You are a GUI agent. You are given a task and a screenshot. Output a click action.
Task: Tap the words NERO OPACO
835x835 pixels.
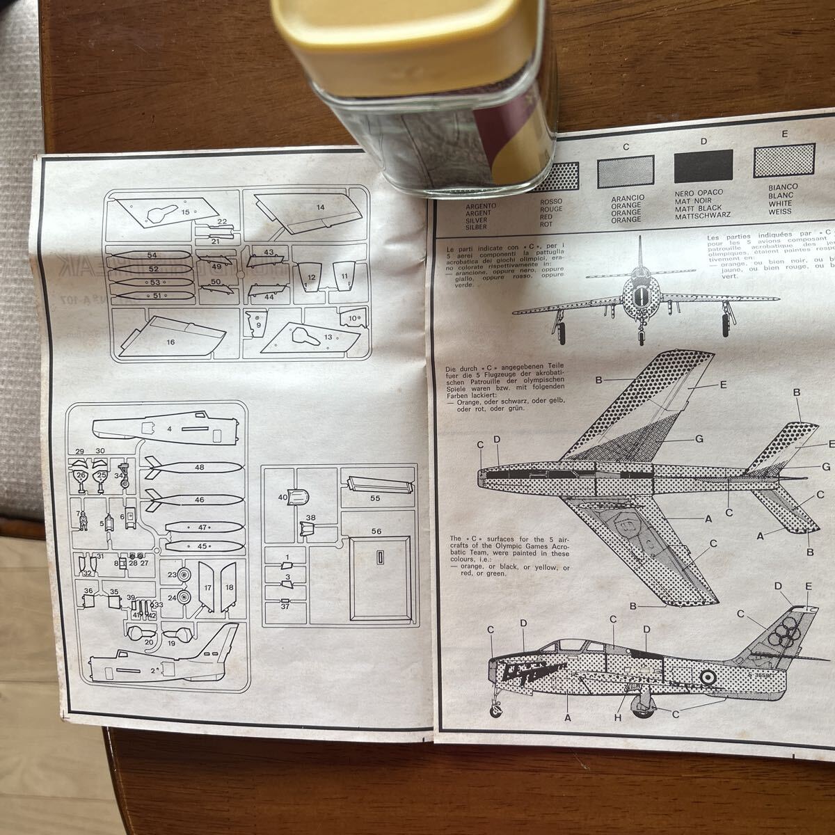pyautogui.click(x=699, y=192)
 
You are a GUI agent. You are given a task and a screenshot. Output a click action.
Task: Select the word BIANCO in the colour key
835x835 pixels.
pyautogui.click(x=784, y=187)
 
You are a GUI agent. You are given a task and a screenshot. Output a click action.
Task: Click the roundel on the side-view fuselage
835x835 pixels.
pyautogui.click(x=705, y=676)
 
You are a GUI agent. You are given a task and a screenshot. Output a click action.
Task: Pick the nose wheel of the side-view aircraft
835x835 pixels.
pyautogui.click(x=495, y=711)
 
